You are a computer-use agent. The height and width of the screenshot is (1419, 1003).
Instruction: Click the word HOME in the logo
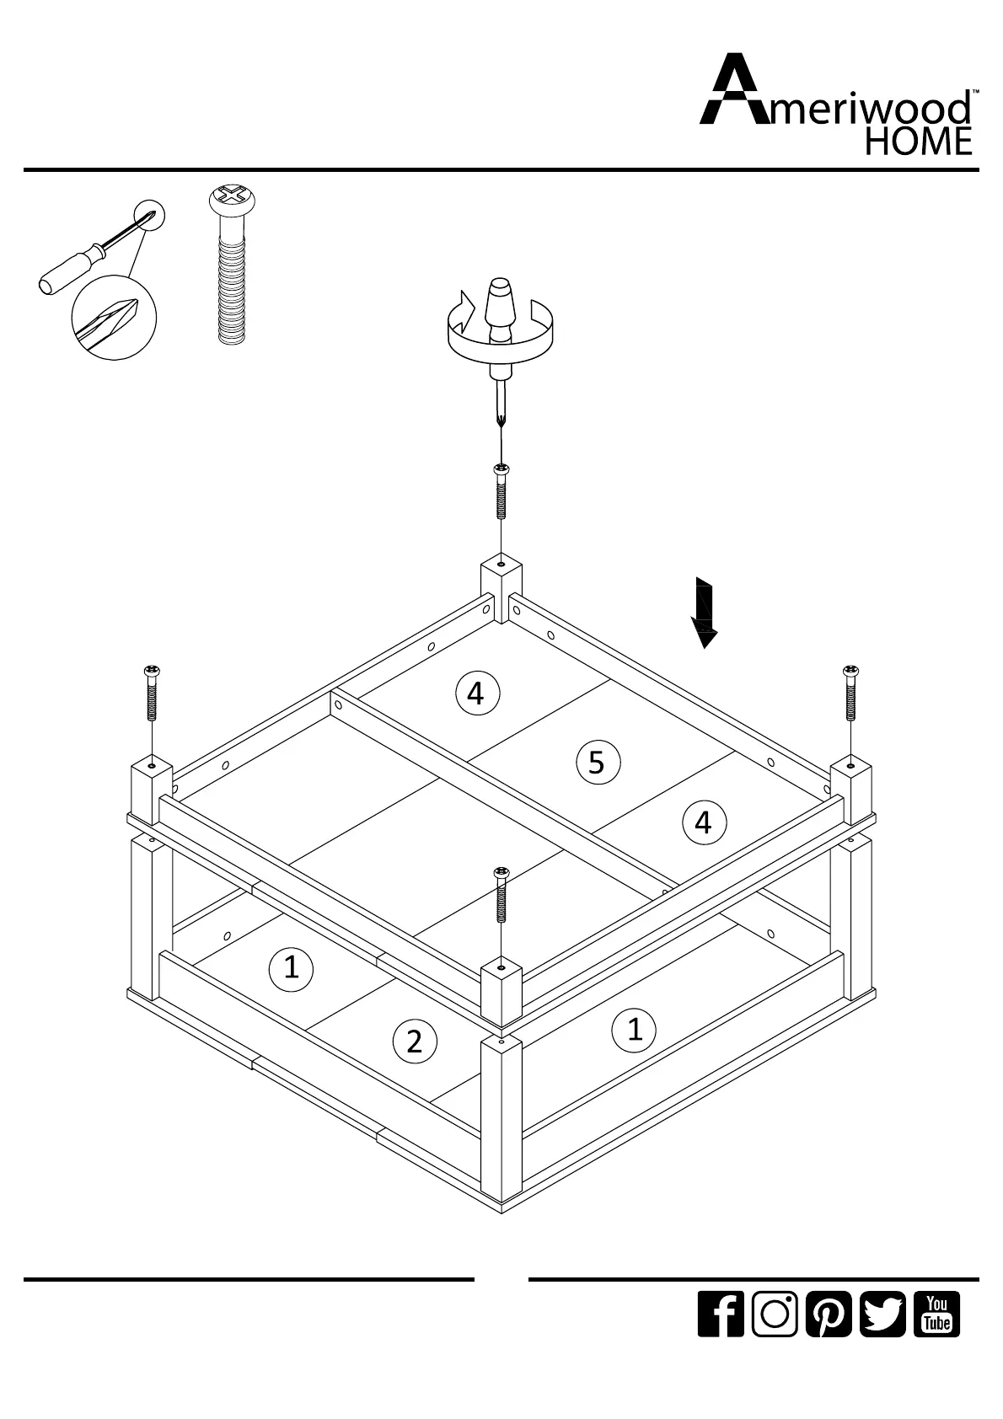point(919,142)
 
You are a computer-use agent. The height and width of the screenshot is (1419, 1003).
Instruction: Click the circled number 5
point(597,763)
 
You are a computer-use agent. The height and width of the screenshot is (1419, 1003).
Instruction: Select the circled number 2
point(414,1041)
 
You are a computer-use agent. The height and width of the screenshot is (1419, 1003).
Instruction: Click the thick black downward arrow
point(704,613)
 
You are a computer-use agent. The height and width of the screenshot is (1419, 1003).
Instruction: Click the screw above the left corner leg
point(152,693)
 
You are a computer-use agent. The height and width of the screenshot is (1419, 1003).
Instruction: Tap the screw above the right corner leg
point(851,693)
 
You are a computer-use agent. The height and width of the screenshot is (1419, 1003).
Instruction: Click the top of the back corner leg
point(501,564)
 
